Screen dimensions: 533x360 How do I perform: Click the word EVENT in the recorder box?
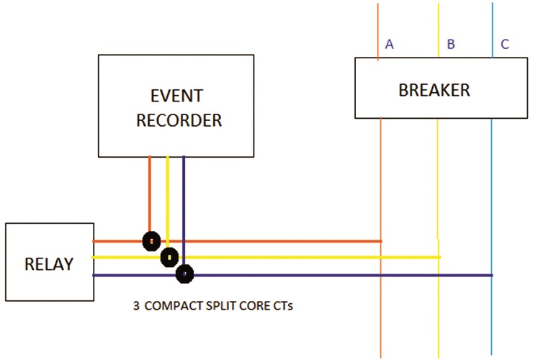pos(176,96)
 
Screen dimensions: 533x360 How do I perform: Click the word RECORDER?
pos(179,120)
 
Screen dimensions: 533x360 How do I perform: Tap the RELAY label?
pos(49,264)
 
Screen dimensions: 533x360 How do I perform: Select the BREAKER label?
pos(434,90)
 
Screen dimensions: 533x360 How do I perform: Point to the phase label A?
pos(389,44)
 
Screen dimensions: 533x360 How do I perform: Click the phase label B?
pos(451,44)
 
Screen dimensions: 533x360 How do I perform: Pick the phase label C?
pos(505,44)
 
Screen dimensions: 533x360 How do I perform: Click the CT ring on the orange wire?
pos(151,241)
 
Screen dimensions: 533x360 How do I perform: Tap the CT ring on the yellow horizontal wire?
pos(169,257)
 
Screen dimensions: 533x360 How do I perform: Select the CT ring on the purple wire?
pos(184,274)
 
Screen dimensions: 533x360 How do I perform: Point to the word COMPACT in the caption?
pos(174,305)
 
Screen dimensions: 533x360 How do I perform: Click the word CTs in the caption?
pos(283,305)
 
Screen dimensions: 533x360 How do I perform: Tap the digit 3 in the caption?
pos(136,305)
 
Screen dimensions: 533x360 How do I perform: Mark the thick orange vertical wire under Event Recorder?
pos(150,194)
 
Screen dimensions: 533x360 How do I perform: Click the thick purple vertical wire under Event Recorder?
pos(184,210)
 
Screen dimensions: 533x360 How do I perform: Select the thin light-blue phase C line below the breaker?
pos(491,237)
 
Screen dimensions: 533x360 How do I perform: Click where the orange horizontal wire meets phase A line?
pos(381,241)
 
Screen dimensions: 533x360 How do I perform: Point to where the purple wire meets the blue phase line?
pos(491,275)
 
